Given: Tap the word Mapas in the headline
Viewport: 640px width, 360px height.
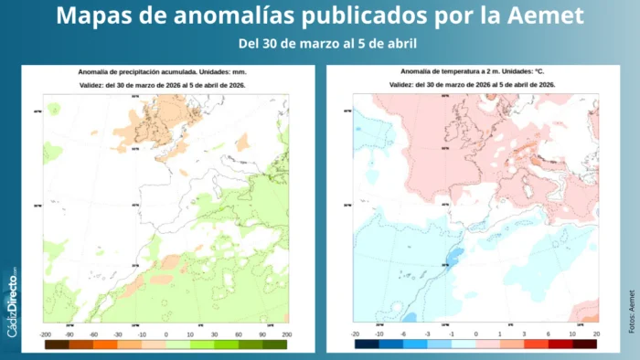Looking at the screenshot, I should coord(96,16).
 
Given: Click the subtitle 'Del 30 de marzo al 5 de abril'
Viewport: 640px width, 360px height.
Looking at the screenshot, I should coord(319,44).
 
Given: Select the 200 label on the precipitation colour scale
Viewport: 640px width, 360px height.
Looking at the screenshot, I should coord(287,335).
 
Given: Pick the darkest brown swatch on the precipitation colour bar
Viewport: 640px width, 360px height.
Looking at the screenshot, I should coord(55,344).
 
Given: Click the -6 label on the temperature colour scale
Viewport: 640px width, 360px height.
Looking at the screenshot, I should coord(405,335).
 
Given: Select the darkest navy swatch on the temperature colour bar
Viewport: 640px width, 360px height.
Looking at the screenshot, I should coord(368,344).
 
